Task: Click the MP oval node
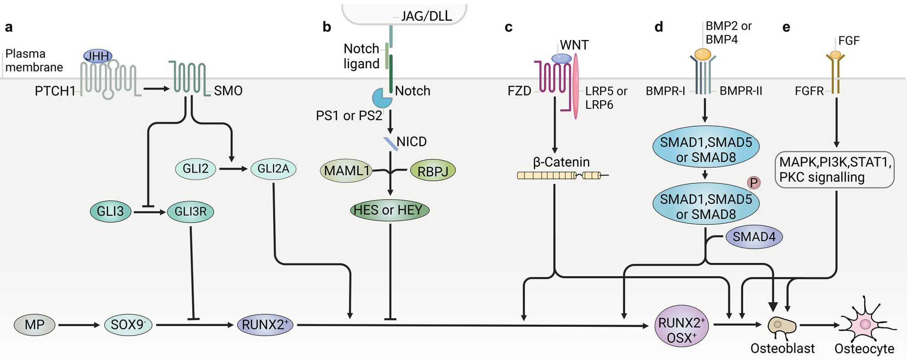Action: [x=35, y=325]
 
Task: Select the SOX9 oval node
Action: [x=128, y=325]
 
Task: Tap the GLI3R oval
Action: [x=191, y=212]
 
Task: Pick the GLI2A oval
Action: [x=273, y=169]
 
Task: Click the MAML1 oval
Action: [x=346, y=171]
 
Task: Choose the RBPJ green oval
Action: [x=433, y=171]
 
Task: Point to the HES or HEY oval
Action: [x=390, y=210]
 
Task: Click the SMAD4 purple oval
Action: [x=754, y=237]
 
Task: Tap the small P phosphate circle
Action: [x=754, y=182]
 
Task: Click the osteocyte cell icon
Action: [x=864, y=324]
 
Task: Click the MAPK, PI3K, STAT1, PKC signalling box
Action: [x=834, y=170]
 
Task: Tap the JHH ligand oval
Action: [x=98, y=56]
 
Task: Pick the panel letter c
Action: [x=508, y=27]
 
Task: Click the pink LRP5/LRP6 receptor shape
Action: [x=576, y=86]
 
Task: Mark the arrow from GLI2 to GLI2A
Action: [x=233, y=169]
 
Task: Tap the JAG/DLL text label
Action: [x=426, y=16]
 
